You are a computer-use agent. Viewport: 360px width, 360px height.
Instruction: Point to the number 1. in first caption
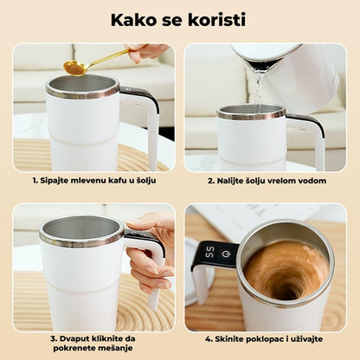point(35,181)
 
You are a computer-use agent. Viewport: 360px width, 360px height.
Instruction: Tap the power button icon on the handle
point(226,254)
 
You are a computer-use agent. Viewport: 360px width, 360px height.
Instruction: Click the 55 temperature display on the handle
point(211,253)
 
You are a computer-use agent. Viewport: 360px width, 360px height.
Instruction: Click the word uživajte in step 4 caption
point(308,339)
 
